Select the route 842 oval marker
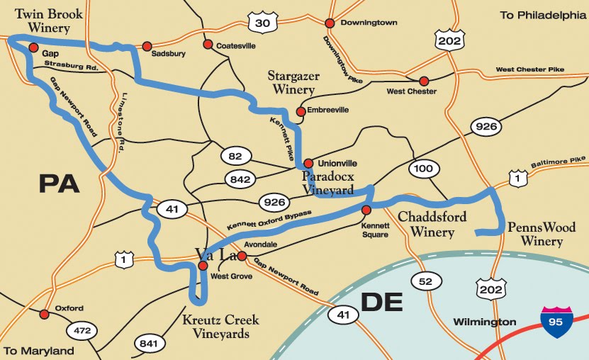240,179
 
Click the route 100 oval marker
423,169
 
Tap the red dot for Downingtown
329,23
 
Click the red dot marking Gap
33,47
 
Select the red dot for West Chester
424,81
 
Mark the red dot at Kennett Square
366,210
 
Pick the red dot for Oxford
44,314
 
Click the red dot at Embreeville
301,111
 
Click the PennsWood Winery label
535,235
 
